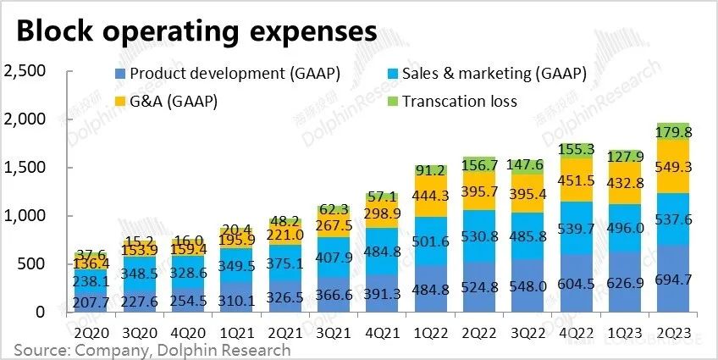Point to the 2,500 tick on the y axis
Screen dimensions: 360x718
click(x=25, y=70)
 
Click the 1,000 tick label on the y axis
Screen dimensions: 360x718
click(x=25, y=216)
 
